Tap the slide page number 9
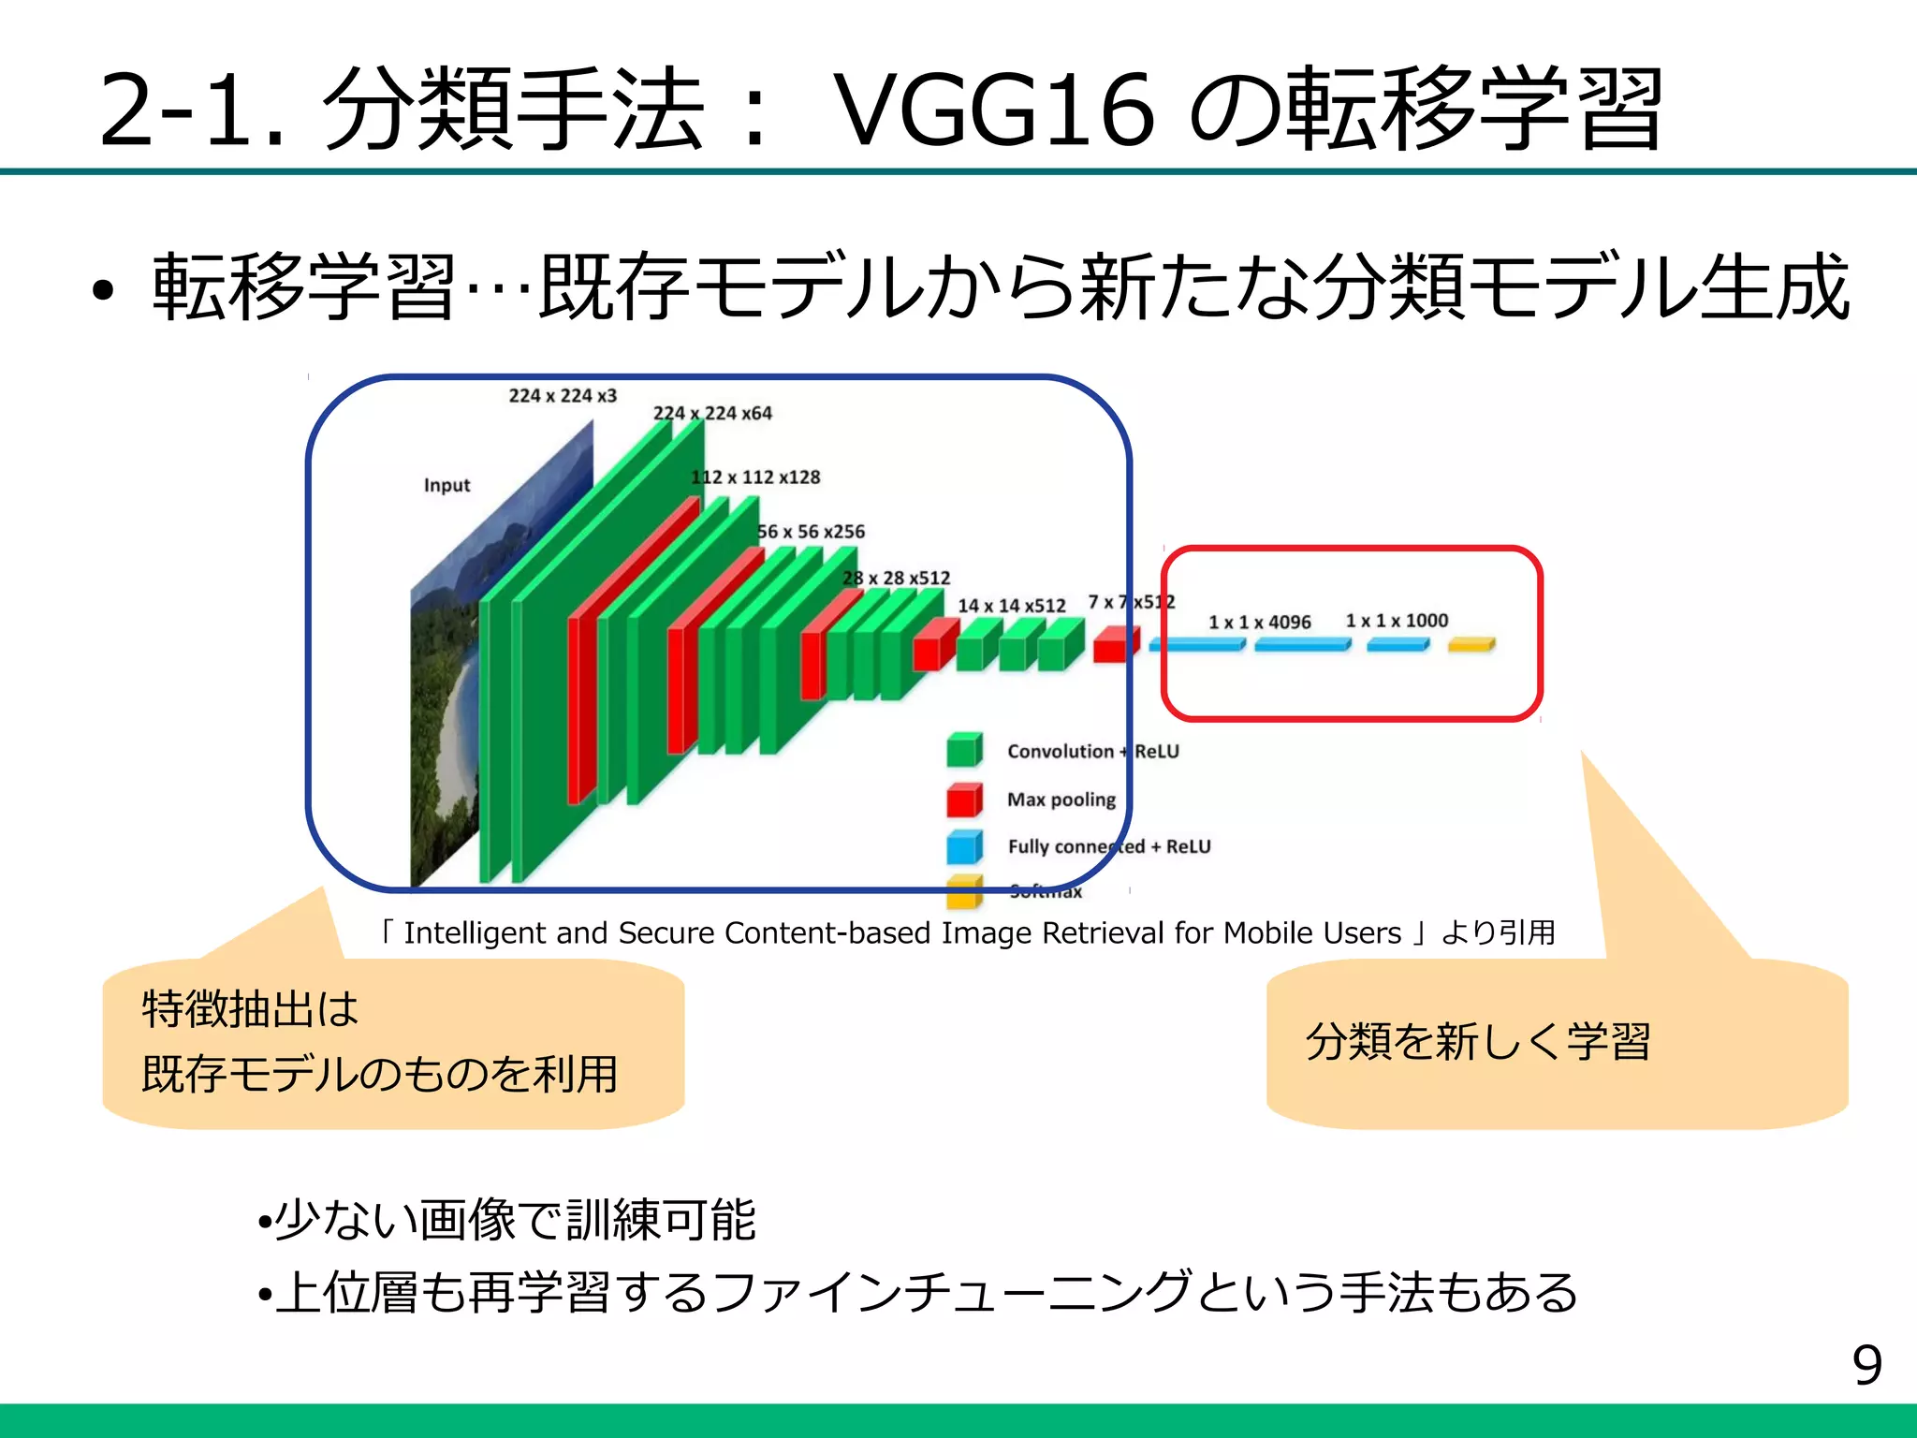point(1866,1365)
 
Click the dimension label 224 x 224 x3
point(563,396)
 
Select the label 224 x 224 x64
point(712,413)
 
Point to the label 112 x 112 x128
point(755,477)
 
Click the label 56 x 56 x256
point(811,532)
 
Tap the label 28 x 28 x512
point(896,579)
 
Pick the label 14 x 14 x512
point(1011,606)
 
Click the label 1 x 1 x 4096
point(1259,622)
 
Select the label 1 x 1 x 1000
point(1397,621)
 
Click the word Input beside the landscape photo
point(446,485)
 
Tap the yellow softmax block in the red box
point(1471,644)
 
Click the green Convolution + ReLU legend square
point(963,750)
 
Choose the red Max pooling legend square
point(963,800)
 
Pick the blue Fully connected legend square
point(963,846)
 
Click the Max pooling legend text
point(1061,800)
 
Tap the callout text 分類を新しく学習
point(1478,1041)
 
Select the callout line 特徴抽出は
point(250,1009)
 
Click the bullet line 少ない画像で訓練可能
point(515,1219)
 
